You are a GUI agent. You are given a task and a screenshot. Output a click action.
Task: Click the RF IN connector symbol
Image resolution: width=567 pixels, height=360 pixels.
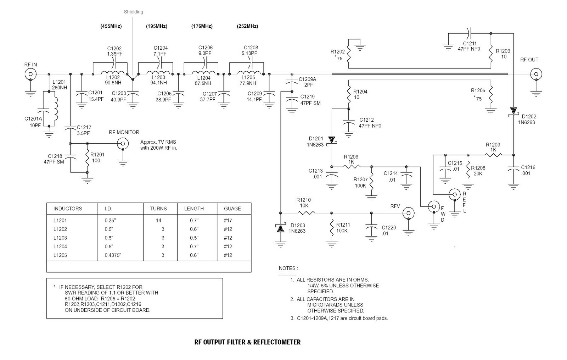tap(30, 74)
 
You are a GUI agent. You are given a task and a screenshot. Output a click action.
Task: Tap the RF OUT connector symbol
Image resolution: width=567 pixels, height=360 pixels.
tap(536, 74)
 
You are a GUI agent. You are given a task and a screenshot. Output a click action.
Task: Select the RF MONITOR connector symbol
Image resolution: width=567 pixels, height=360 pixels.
tap(123, 144)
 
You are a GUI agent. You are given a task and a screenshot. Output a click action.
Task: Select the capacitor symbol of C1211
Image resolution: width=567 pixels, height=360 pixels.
tap(469, 34)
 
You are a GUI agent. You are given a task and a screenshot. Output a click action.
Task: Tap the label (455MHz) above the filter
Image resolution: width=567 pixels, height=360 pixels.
tap(111, 26)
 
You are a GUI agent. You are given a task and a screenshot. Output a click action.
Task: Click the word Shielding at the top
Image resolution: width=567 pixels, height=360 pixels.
tap(133, 12)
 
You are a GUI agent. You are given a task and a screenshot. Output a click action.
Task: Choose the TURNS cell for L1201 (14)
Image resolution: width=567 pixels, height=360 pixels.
tap(158, 220)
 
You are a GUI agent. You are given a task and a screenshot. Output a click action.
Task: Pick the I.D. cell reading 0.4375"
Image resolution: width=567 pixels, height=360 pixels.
tap(113, 255)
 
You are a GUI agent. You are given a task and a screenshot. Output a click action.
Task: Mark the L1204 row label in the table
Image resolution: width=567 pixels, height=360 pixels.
tap(60, 247)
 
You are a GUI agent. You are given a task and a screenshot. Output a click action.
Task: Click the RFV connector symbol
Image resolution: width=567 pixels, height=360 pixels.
tap(408, 213)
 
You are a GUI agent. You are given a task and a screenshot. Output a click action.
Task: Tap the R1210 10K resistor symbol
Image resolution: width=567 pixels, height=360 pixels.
tap(306, 213)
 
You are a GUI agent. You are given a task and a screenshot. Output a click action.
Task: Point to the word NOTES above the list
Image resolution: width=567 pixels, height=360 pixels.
tap(287, 268)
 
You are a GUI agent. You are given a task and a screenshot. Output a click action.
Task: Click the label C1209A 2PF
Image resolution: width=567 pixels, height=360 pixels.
tap(308, 82)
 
